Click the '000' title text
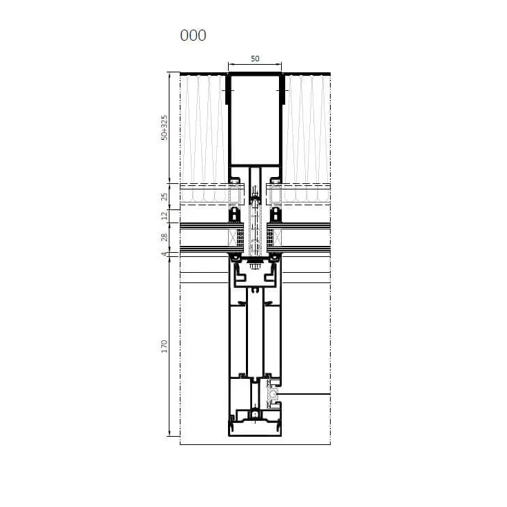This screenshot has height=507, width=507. [x=193, y=35]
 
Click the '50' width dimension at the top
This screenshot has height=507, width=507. [x=255, y=59]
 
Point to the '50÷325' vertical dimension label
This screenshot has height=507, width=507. [x=164, y=127]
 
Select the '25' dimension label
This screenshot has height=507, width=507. [x=164, y=196]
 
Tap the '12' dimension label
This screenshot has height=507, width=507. [x=164, y=216]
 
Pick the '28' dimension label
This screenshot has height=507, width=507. [x=164, y=237]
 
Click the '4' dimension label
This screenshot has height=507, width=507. [x=165, y=254]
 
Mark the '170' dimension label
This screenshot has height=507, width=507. [x=164, y=346]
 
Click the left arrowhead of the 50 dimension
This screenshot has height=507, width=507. [x=231, y=64]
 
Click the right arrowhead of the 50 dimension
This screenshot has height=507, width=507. [x=279, y=64]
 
